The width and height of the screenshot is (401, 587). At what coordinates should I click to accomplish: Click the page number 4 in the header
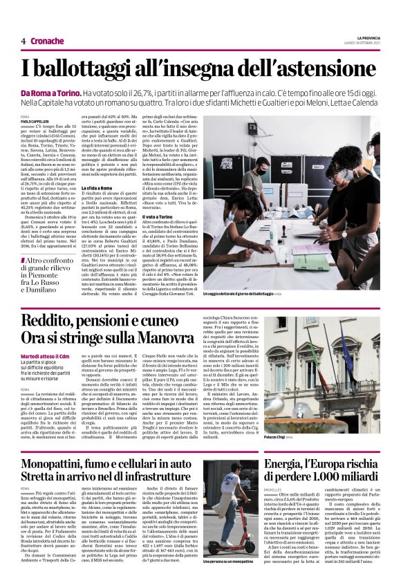point(24,41)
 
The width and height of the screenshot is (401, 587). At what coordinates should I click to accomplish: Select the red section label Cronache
point(48,41)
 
